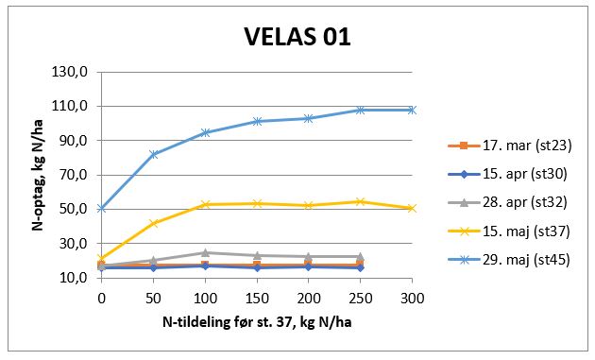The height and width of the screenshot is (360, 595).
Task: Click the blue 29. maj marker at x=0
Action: [101, 208]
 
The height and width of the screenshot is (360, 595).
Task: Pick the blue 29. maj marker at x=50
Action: [153, 154]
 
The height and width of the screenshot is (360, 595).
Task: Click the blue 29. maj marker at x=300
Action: [412, 110]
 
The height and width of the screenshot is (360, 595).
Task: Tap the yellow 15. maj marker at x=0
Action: [101, 258]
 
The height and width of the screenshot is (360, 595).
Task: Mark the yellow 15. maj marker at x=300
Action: [412, 208]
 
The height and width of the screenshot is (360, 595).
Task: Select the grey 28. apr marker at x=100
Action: [205, 252]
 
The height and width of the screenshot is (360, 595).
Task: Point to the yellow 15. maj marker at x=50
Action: [153, 223]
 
